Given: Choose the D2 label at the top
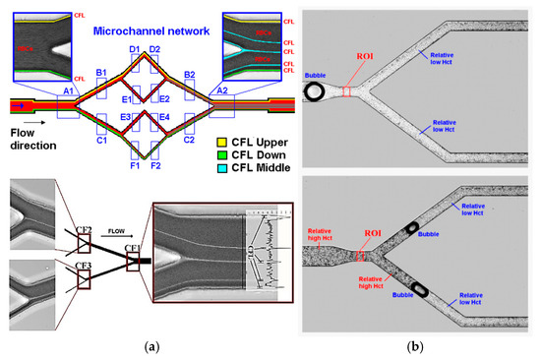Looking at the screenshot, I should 154,49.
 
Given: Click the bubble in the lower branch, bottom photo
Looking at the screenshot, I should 420,289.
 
